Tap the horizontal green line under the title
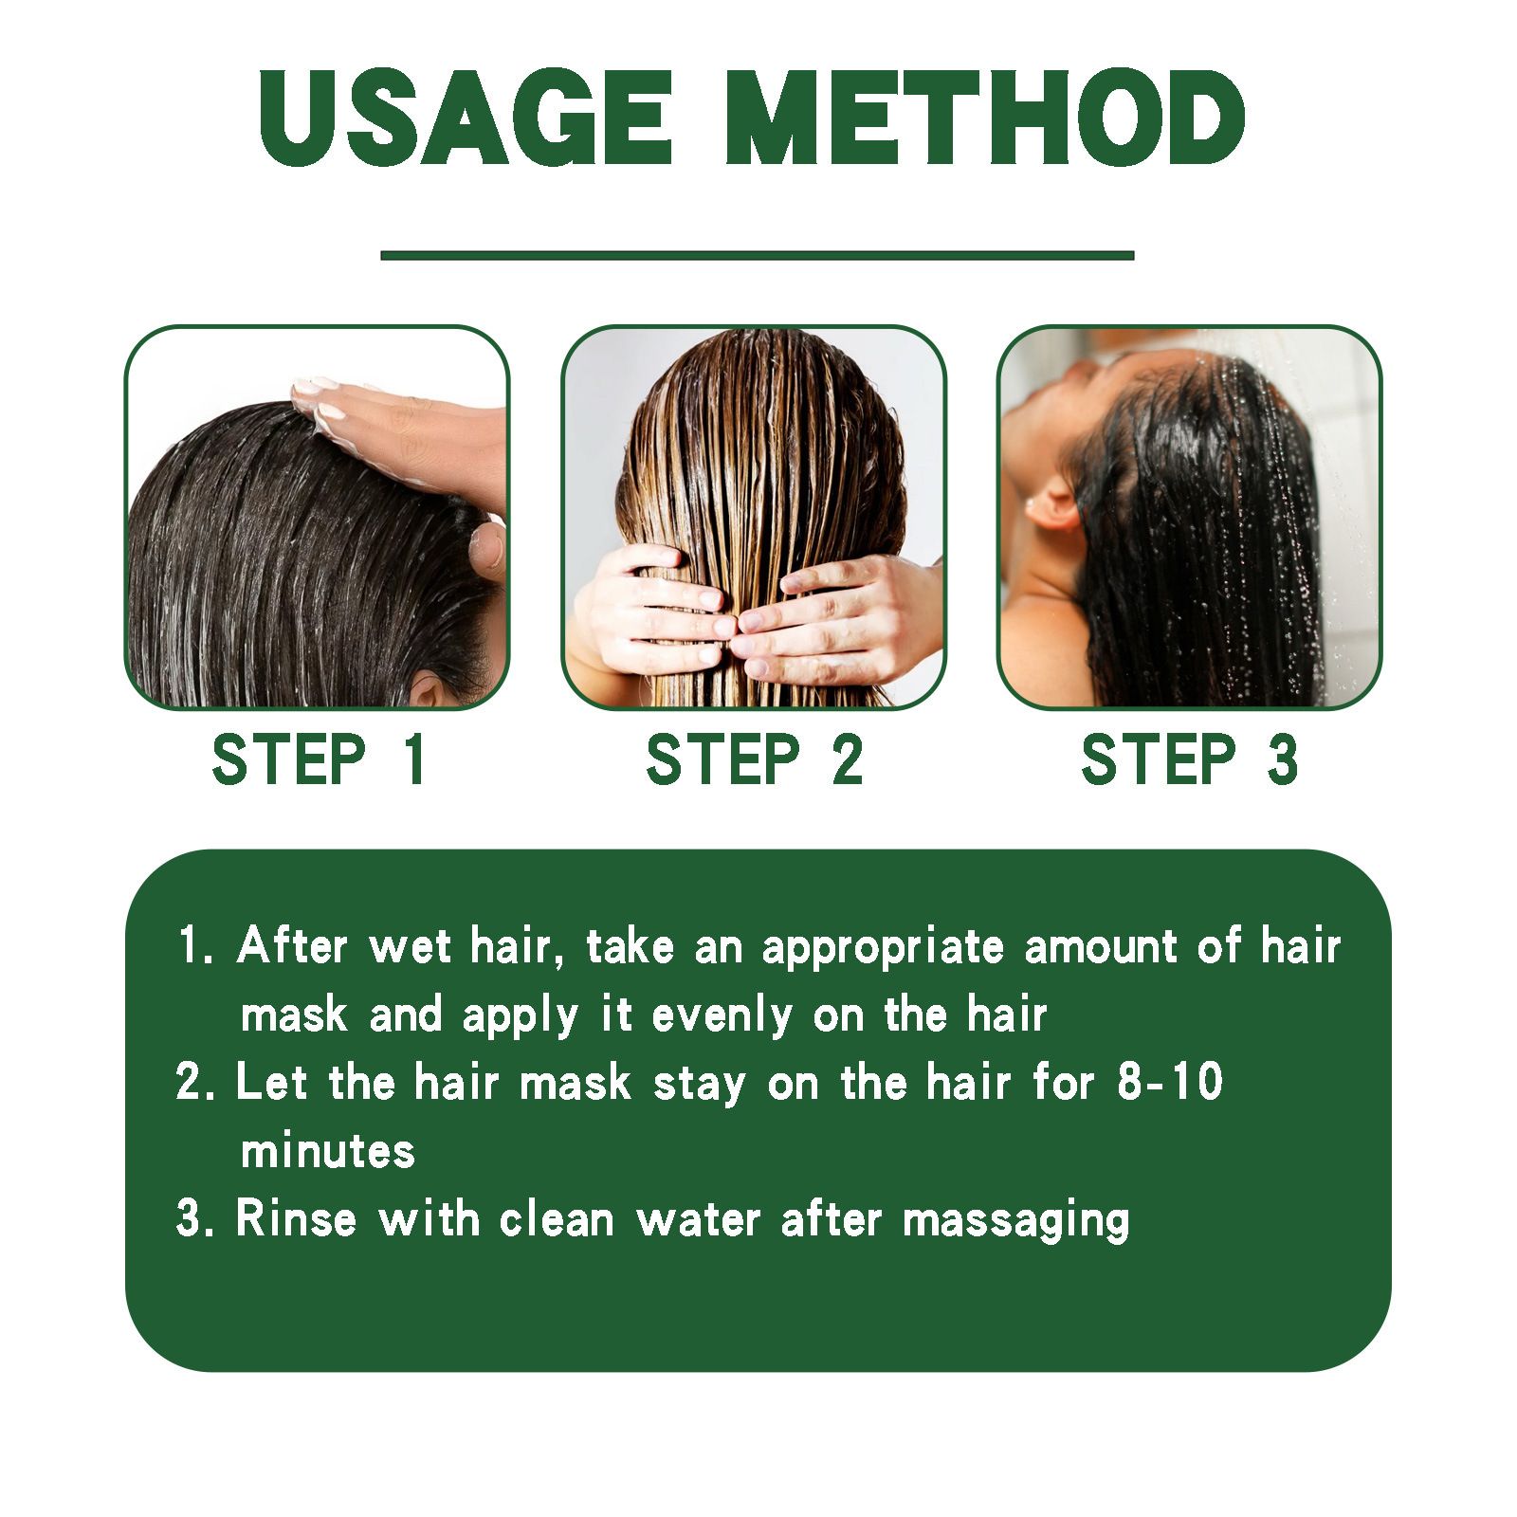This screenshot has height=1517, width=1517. pos(757,255)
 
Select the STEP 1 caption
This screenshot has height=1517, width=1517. pos(319,759)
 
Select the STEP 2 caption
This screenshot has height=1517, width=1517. pos(754,759)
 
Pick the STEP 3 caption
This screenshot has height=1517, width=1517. pos(1189,759)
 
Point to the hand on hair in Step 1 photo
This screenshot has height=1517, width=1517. pos(408,427)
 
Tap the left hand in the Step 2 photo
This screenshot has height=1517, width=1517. pos(654,607)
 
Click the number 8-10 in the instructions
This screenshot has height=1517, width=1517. pos(1169,1082)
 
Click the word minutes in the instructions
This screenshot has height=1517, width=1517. pos(328,1151)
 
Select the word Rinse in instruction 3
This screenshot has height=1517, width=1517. pos(296,1218)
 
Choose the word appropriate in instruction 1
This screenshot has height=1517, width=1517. pos(883,948)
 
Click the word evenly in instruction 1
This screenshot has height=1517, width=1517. pos(722,1016)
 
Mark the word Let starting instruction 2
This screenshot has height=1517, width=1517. pos(270,1082)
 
